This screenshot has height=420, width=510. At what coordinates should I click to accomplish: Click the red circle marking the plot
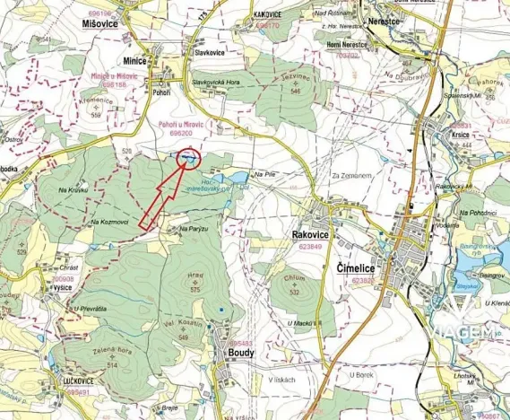[187, 159]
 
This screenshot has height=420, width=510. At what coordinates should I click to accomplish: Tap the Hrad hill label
[195, 278]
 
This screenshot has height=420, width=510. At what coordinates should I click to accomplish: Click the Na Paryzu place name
[194, 230]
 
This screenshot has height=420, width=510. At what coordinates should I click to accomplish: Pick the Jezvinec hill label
[292, 79]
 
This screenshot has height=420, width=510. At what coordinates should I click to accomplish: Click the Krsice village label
[462, 134]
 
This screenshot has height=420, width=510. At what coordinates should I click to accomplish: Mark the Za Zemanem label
[350, 176]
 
